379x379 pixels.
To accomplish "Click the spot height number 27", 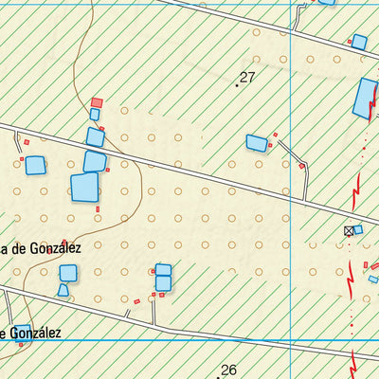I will coord(249,78).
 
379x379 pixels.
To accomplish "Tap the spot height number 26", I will coord(228,370).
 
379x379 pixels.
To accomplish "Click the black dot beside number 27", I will coord(237,85).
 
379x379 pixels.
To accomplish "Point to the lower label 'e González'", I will coord(33,333).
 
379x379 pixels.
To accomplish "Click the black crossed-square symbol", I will coord(348,231).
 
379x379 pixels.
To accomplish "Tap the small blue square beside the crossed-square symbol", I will coord(357,229).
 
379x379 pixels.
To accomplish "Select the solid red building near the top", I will coord(97,102).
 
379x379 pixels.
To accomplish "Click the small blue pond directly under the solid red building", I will coord(95,115).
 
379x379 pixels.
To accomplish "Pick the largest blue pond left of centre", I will coord(85,187).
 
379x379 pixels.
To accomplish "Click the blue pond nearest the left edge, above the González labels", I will coord(35,165).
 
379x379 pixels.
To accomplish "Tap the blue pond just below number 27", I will coord(257,143).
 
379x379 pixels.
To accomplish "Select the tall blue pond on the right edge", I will coord(365,98).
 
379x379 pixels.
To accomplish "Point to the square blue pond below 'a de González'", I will coord(68,273).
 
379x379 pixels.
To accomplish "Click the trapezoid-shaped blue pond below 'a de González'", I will coord(63,290).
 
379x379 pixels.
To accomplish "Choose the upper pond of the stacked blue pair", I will coord(163,270).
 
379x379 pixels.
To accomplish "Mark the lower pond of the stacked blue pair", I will coord(163,283).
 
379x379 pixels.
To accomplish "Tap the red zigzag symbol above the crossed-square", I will coord(356,195).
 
